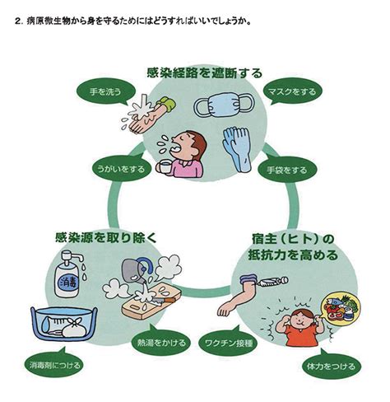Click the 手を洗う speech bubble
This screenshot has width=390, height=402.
(105, 91)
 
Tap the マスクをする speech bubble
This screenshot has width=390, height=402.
(292, 91)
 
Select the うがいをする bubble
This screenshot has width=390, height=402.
(121, 168)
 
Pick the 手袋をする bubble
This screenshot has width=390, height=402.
(287, 171)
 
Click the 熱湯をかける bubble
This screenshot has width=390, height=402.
(161, 342)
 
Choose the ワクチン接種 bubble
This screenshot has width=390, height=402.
(228, 343)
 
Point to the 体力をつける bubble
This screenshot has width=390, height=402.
(332, 366)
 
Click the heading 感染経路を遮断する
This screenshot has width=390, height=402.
(204, 73)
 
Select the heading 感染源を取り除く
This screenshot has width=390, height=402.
(106, 237)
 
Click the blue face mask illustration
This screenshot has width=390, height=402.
(224, 105)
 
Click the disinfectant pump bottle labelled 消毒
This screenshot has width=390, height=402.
(68, 274)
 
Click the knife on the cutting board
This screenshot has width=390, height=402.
(162, 301)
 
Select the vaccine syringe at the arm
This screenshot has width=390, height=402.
(272, 282)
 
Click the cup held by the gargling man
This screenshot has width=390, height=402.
(165, 166)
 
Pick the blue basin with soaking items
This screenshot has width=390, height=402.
(63, 324)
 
